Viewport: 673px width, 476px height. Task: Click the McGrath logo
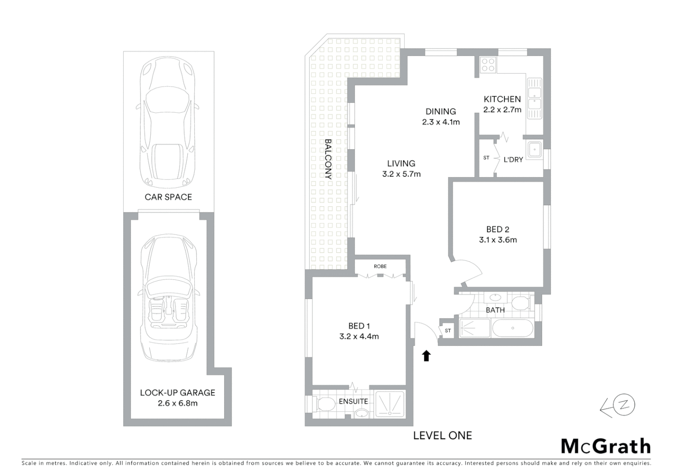point(606,446)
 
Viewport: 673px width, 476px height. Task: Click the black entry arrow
point(426,356)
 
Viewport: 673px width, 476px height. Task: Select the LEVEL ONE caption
point(442,436)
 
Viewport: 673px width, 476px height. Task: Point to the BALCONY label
point(328,159)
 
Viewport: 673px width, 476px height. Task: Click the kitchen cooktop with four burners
point(488,65)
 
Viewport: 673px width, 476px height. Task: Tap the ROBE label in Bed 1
point(380,266)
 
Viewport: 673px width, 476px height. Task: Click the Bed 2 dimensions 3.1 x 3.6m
point(498,240)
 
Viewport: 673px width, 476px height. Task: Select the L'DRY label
point(513,160)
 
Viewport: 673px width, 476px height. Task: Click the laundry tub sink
point(534,149)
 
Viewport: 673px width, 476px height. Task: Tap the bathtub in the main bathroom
point(512,328)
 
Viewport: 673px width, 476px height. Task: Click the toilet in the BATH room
point(521,303)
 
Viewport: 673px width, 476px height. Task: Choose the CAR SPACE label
point(168,197)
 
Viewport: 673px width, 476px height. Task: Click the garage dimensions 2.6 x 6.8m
point(177,403)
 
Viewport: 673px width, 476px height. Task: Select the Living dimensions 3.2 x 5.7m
point(401,174)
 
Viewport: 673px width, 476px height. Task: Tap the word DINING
point(440,112)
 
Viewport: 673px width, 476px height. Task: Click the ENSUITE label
point(353,402)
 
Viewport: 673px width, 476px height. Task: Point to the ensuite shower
point(390,404)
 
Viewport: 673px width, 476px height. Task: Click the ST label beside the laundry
point(486,158)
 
